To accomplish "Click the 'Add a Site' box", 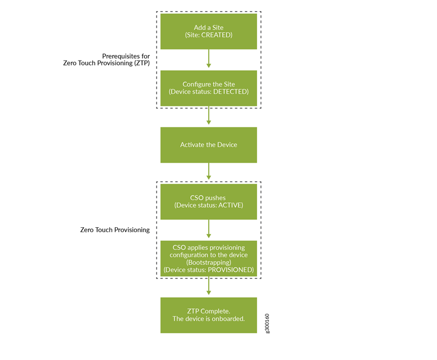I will coord(208,31).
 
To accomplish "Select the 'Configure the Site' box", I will coord(208,88).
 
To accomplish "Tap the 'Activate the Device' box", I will coord(208,144).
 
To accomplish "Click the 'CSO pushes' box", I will coord(208,201).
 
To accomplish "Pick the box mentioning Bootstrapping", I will coord(208,258).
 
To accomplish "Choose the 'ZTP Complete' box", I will coord(208,315).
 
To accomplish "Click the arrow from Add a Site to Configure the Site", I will coord(209,59).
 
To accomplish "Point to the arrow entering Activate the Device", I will coord(209,116).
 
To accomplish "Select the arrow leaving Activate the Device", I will coord(209,172).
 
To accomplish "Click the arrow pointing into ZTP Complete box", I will coord(209,286).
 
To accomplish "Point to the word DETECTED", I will coord(229,92).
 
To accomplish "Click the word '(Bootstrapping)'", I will coord(208,262).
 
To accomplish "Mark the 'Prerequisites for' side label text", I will coord(126,56).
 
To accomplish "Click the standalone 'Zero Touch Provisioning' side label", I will coord(114,229).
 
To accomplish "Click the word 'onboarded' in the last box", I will coord(227,319).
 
